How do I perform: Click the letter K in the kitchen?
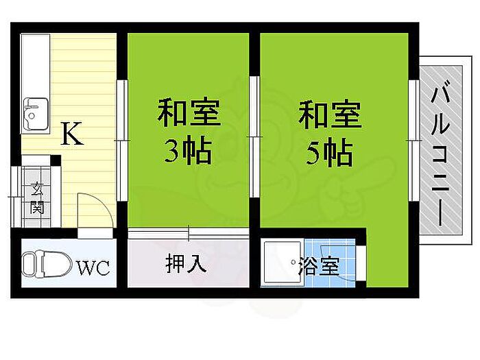[x=72, y=134]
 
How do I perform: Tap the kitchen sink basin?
[x=36, y=114]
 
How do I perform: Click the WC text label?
[x=93, y=268]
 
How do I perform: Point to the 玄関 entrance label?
[x=37, y=198]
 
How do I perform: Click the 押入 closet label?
[x=186, y=264]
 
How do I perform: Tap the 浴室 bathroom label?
[x=320, y=266]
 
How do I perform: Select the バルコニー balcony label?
[x=441, y=152]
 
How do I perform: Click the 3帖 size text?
[x=188, y=152]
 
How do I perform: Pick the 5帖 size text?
[x=329, y=152]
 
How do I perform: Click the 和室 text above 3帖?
[x=189, y=112]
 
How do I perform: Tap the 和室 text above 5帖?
[x=330, y=113]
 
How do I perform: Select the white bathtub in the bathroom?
[x=283, y=263]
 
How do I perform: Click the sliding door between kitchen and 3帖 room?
[x=123, y=140]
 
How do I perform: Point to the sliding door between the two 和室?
[x=254, y=136]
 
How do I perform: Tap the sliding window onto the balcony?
[x=414, y=140]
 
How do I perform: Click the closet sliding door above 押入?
[x=189, y=233]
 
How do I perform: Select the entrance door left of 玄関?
[x=16, y=197]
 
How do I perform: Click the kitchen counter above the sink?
[x=35, y=66]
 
